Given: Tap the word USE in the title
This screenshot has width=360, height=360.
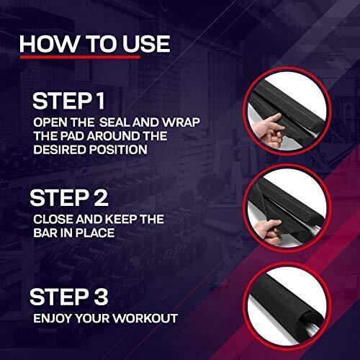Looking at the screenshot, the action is point(146,44).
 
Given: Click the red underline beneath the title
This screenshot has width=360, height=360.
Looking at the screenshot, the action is point(81,57).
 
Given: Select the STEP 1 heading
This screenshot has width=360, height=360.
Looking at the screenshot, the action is point(68,101).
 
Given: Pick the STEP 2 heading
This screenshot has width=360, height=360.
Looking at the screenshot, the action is point(69,197).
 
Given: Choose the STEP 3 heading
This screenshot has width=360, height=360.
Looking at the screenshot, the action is point(68,297).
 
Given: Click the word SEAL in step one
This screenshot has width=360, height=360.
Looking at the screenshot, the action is point(115,122).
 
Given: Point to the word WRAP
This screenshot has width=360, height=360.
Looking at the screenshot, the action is point(181,122).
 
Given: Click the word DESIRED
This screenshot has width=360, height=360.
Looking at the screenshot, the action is point(60,150).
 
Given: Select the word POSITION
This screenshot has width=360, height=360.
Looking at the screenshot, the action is point(118,150).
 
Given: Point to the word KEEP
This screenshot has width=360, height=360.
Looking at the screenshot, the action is point(121,220).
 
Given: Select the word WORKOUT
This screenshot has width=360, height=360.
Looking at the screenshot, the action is point(145,318).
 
